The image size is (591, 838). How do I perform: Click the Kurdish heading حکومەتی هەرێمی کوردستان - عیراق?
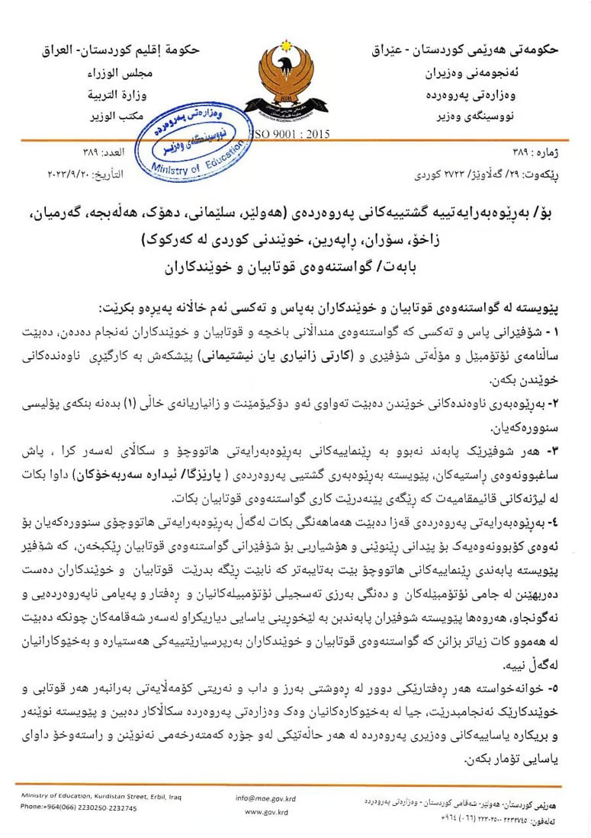point(465,50)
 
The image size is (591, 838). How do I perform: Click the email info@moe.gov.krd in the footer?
point(265,798)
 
